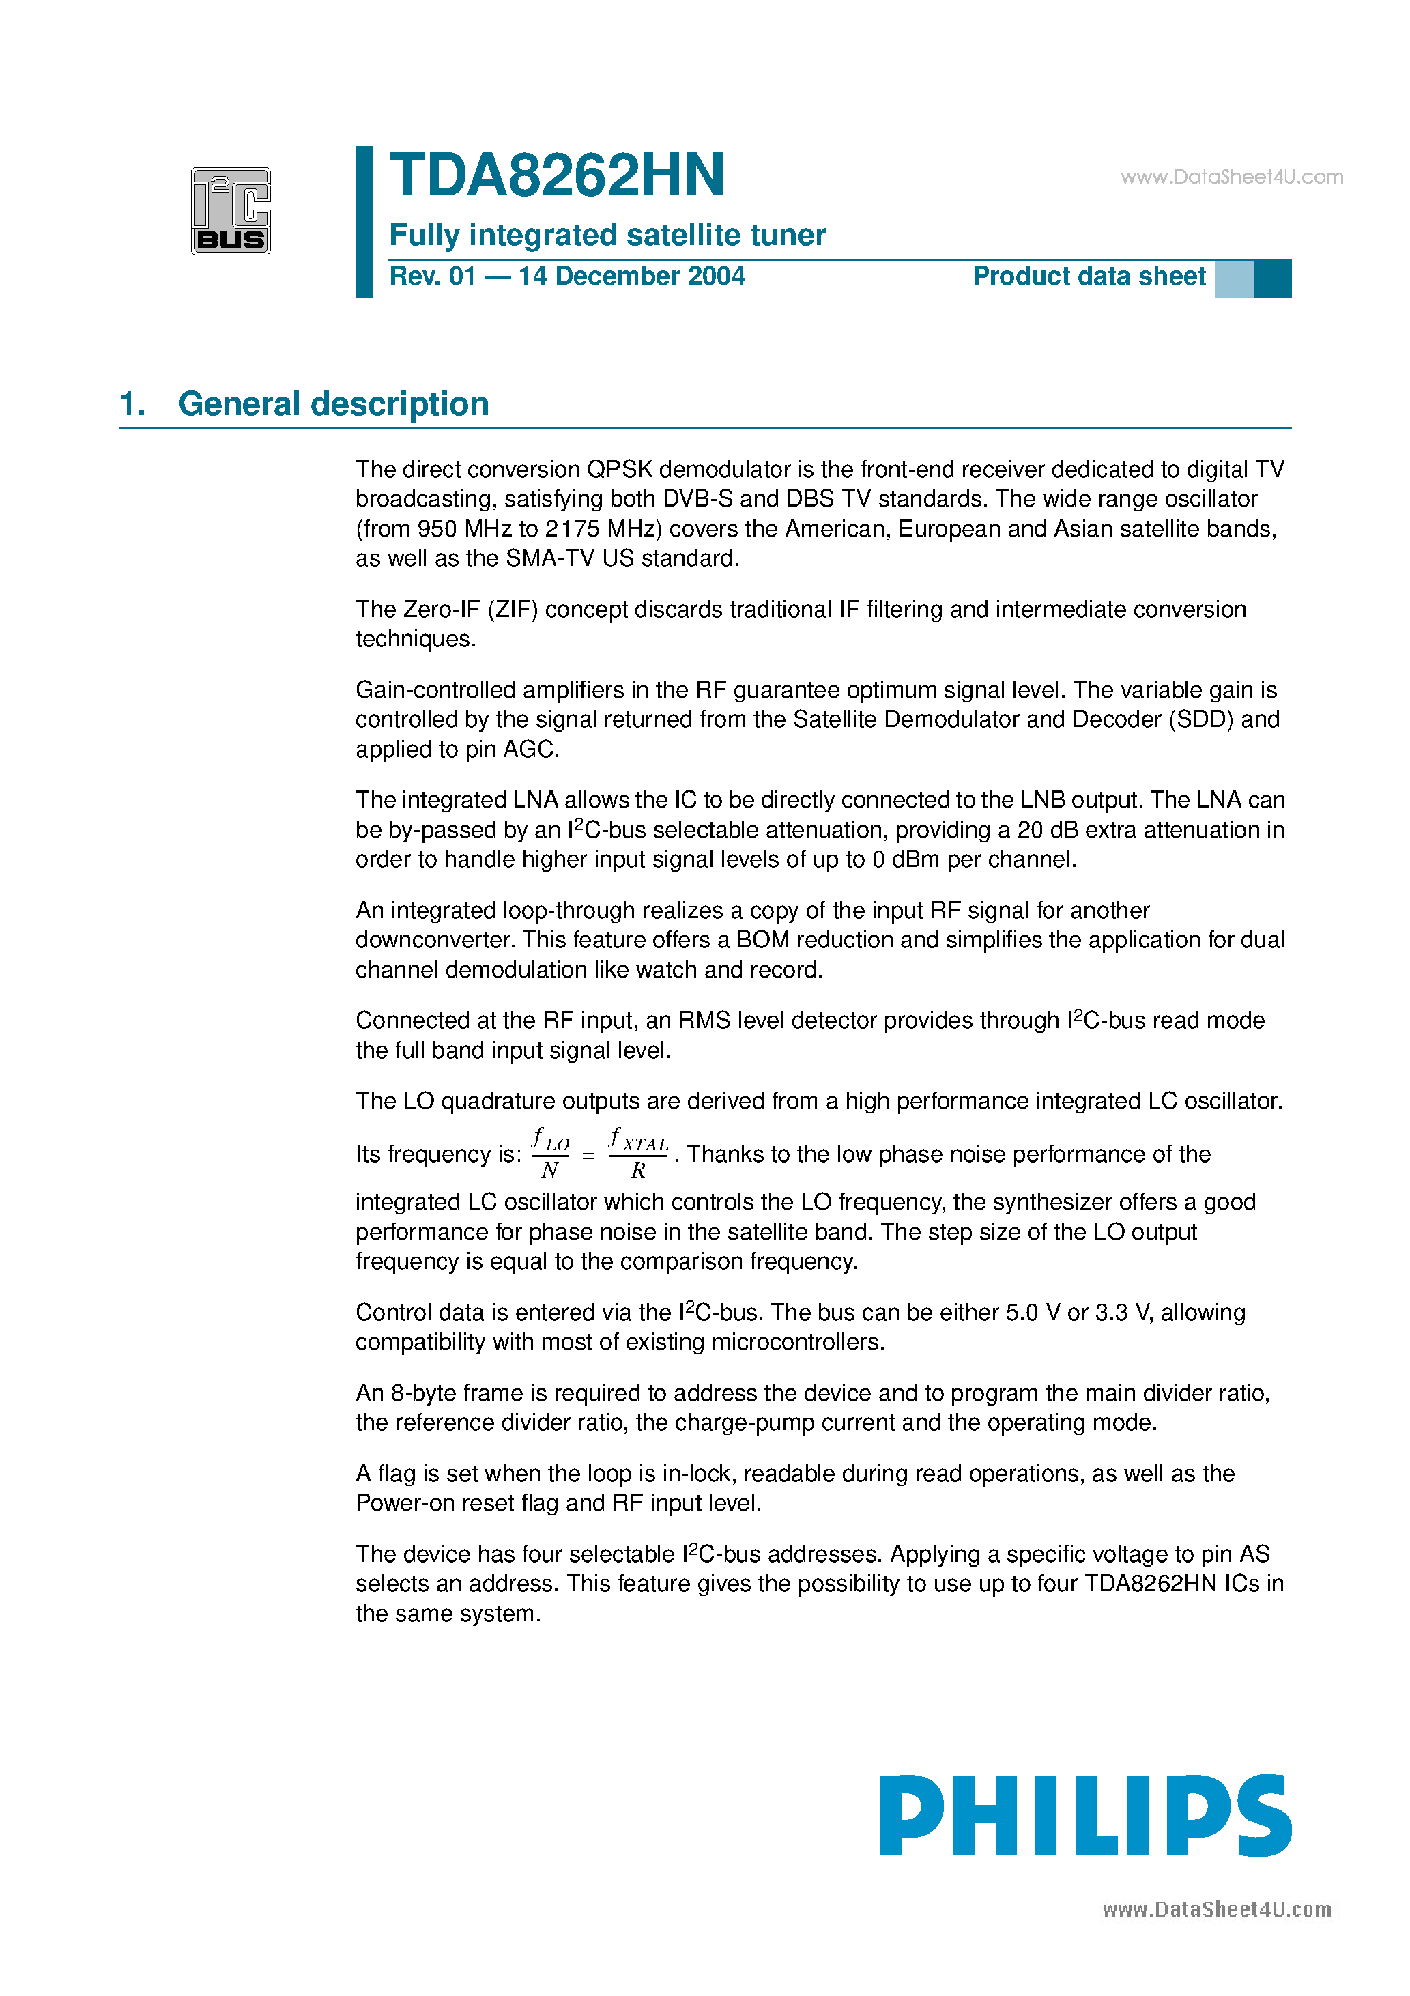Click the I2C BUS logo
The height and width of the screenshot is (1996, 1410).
tap(231, 211)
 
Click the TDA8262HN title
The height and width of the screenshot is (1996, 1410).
tap(556, 175)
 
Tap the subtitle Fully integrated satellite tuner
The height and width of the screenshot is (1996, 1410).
tap(607, 235)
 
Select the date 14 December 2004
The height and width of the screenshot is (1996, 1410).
tap(631, 276)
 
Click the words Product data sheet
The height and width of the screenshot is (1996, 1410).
tap(1089, 276)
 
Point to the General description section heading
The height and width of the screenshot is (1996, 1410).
tap(333, 404)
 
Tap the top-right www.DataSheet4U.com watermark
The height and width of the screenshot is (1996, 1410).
tap(1231, 177)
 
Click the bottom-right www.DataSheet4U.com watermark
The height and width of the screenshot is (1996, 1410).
tap(1216, 1910)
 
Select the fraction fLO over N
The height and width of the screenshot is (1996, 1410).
tap(549, 1153)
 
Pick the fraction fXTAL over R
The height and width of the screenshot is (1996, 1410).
tap(638, 1153)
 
